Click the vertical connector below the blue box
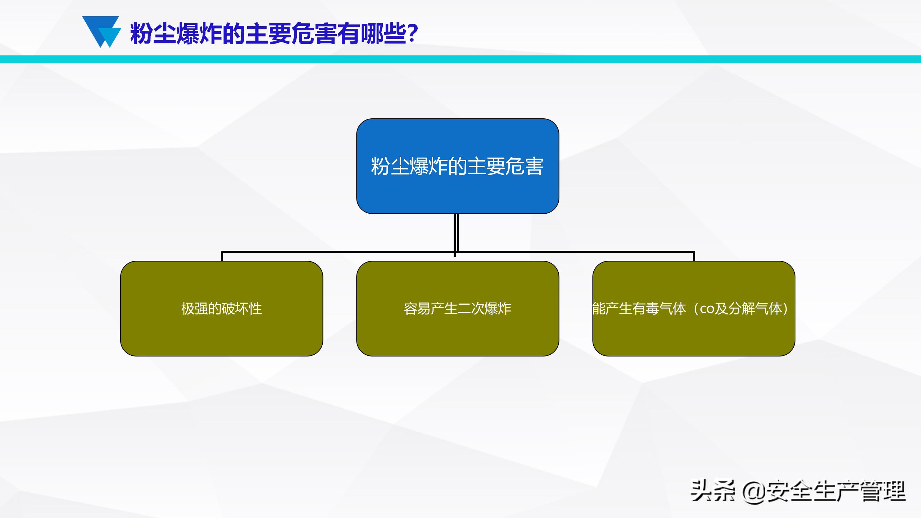(456, 232)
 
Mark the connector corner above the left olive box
(222, 252)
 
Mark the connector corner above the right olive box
(693, 252)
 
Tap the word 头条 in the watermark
(712, 491)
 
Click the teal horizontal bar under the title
(460, 59)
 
